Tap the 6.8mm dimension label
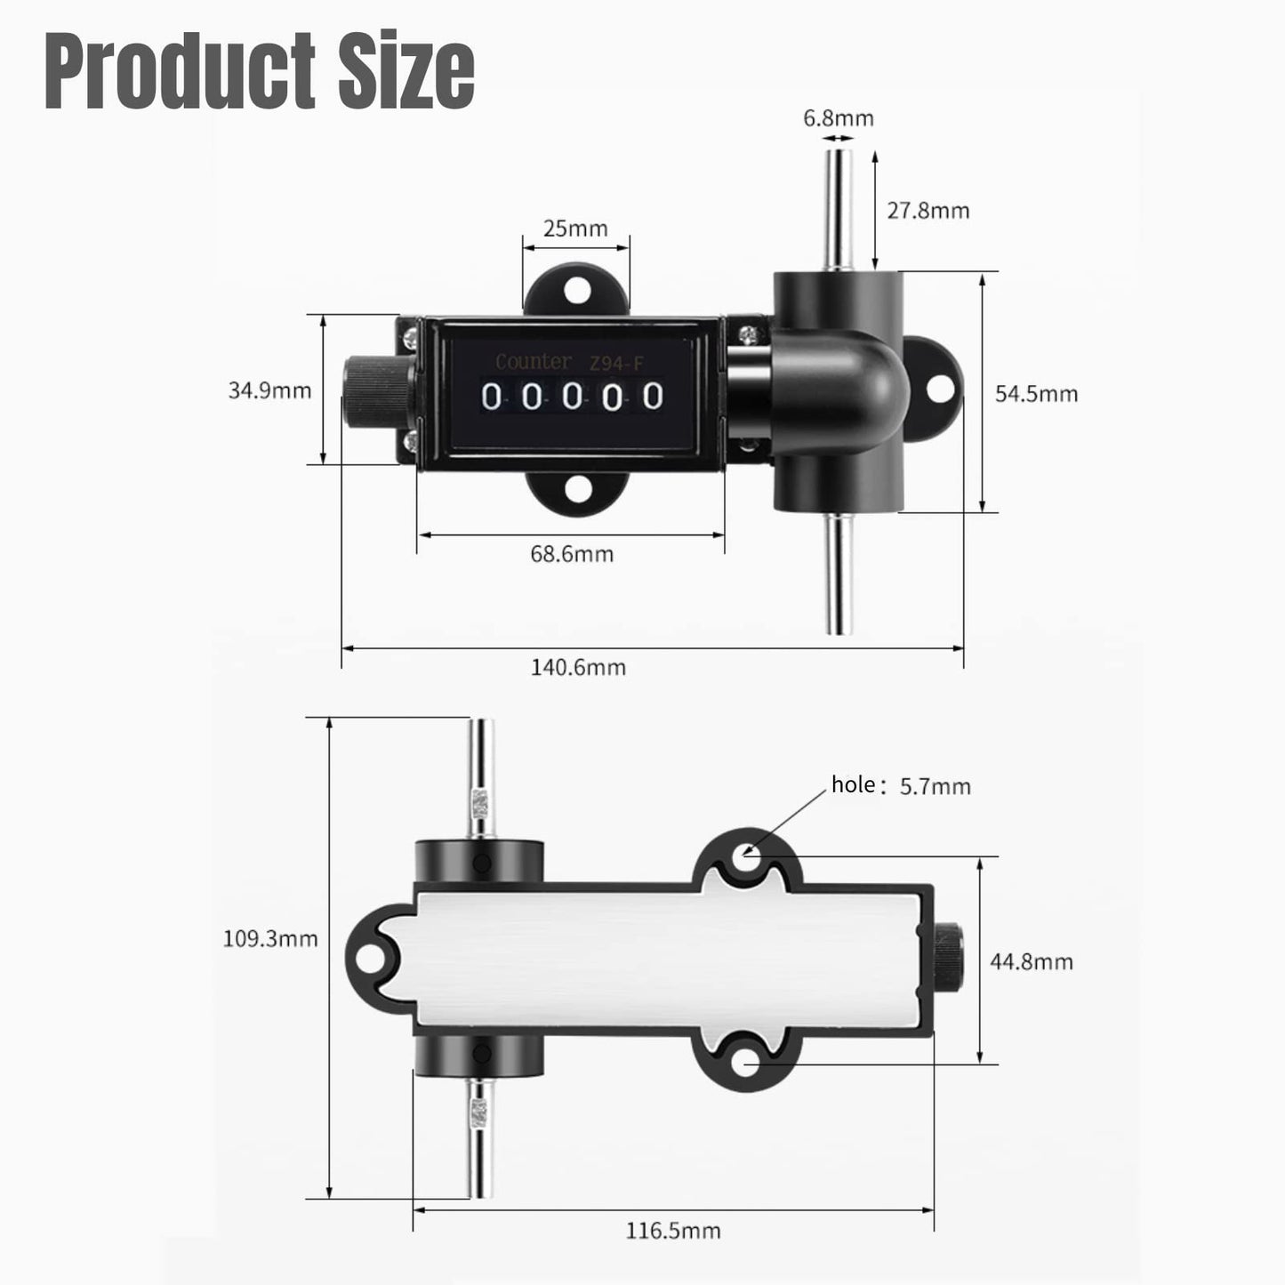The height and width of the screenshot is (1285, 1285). [839, 117]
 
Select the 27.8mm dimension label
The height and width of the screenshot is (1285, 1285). [928, 211]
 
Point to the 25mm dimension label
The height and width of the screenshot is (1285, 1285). [575, 229]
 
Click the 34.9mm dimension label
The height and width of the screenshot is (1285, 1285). [269, 390]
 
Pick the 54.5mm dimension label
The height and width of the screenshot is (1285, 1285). [1036, 393]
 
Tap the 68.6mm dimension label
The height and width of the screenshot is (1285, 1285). [572, 554]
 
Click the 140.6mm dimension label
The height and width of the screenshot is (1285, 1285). [578, 667]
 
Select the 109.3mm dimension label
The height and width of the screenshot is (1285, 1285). [269, 938]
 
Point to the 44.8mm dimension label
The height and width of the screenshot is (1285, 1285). [1032, 961]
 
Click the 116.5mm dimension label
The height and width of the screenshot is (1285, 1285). [673, 1231]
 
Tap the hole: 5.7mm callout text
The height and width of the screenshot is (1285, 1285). [900, 785]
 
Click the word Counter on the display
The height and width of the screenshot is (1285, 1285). [533, 362]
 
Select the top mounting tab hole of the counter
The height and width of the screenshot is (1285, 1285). [577, 289]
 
